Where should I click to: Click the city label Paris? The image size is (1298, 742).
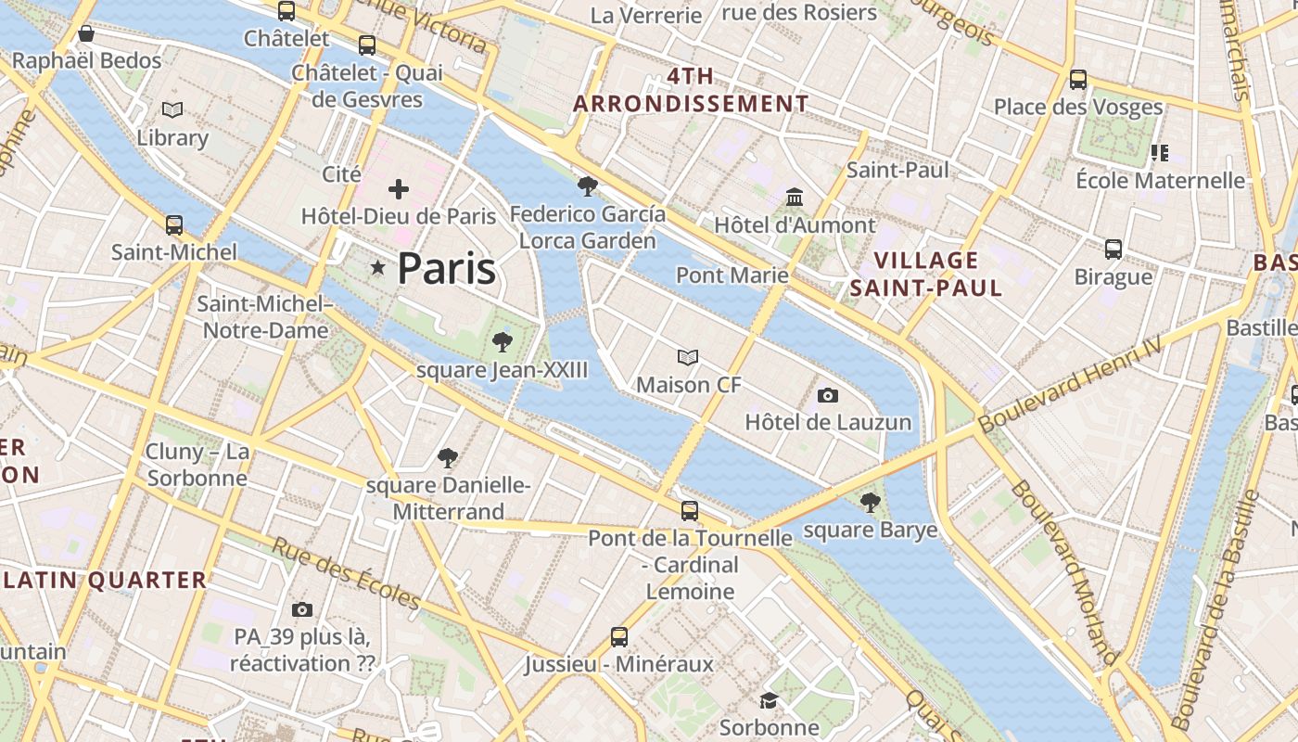click(446, 269)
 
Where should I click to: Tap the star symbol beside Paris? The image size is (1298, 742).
click(378, 268)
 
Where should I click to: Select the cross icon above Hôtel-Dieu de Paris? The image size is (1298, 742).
click(399, 189)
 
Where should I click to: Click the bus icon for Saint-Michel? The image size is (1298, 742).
click(174, 224)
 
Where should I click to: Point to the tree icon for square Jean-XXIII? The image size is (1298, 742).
click(503, 342)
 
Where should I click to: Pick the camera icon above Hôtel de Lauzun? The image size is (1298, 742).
click(828, 395)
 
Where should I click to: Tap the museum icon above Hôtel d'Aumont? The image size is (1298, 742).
click(795, 198)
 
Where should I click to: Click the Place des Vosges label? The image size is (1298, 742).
click(1078, 107)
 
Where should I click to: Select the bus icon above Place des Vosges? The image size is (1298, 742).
click(1078, 80)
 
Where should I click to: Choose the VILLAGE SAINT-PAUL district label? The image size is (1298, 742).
click(926, 274)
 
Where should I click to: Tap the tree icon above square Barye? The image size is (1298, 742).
click(870, 503)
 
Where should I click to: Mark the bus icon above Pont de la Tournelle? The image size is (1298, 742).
click(690, 511)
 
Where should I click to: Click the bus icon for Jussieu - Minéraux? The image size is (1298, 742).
click(619, 637)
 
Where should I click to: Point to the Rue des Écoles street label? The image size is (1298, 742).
click(345, 573)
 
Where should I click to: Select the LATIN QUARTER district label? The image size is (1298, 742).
click(105, 581)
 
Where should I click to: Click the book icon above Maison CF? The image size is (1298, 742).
click(688, 357)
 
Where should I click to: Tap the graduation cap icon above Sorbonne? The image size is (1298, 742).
click(769, 700)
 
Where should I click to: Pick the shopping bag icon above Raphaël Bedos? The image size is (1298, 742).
click(86, 34)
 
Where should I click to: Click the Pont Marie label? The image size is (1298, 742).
click(732, 275)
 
